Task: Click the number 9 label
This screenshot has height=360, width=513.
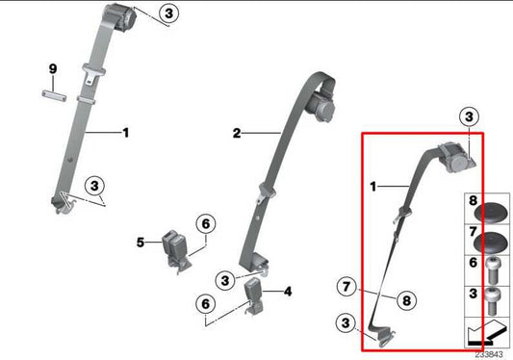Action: coord(54,67)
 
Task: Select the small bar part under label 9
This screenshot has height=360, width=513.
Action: coord(55,92)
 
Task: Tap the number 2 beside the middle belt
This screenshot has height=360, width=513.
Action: coord(236,134)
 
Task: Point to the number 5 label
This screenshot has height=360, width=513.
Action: coord(140,242)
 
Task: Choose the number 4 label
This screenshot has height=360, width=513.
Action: coord(288,289)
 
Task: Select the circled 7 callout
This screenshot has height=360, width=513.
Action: coord(346,285)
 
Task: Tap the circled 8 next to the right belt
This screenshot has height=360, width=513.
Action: coord(406,299)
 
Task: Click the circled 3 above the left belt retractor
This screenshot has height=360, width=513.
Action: coord(168,13)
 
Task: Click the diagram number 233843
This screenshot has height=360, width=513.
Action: coord(490,353)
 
